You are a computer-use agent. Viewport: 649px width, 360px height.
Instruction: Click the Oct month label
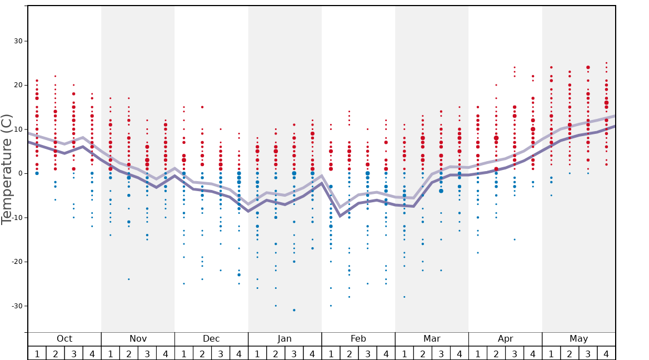(x=64, y=339)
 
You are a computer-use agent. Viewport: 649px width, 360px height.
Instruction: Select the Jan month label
(x=284, y=339)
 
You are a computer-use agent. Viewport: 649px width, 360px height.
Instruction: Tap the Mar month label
(x=432, y=339)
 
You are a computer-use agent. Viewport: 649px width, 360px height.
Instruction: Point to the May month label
(x=578, y=339)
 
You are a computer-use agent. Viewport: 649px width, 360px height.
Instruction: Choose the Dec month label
(x=211, y=339)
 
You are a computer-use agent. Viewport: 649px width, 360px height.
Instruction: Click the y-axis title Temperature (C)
(x=7, y=169)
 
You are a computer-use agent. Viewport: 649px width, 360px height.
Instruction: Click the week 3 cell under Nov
(x=147, y=353)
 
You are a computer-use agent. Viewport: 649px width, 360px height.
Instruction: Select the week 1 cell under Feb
(x=331, y=353)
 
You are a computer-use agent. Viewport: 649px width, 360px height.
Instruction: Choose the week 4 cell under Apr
(x=533, y=353)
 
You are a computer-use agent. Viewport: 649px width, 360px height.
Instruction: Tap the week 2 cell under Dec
(x=202, y=353)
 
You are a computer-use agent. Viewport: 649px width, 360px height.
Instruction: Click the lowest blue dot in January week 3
(x=294, y=310)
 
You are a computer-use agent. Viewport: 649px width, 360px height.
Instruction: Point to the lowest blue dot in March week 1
(x=405, y=297)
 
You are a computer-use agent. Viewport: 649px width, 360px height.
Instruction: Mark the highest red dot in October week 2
(x=55, y=76)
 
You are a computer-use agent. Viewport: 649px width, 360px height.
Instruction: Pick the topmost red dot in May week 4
(x=606, y=63)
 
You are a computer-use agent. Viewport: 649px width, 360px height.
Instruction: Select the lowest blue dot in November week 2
(x=129, y=279)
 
